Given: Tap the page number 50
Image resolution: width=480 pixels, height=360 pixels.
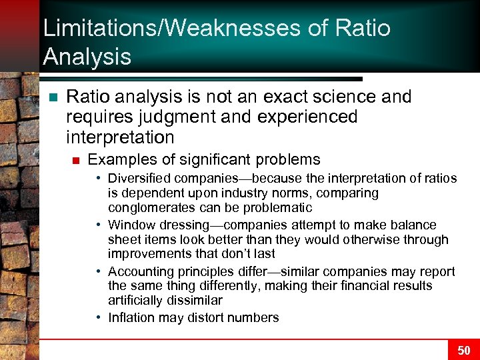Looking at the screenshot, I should pos(464,350).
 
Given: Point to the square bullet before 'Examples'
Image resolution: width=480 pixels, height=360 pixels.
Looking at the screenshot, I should pos(75,160).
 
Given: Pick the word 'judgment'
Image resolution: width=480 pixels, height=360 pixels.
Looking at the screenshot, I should pos(154,117).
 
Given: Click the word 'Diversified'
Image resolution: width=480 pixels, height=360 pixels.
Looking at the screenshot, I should pos(139,179).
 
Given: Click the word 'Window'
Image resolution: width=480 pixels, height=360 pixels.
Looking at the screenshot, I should pos(131,225).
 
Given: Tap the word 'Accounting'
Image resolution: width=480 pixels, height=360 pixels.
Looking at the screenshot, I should pos(139,272).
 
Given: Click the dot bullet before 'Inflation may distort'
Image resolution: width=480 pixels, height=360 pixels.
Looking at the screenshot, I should pos(98,318).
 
